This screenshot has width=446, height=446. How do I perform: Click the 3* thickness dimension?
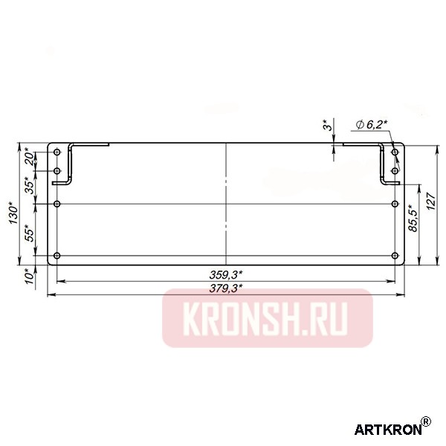click(326, 128)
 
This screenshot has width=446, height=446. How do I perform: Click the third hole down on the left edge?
click(57, 203)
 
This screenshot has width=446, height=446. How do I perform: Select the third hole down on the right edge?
click(394, 203)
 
